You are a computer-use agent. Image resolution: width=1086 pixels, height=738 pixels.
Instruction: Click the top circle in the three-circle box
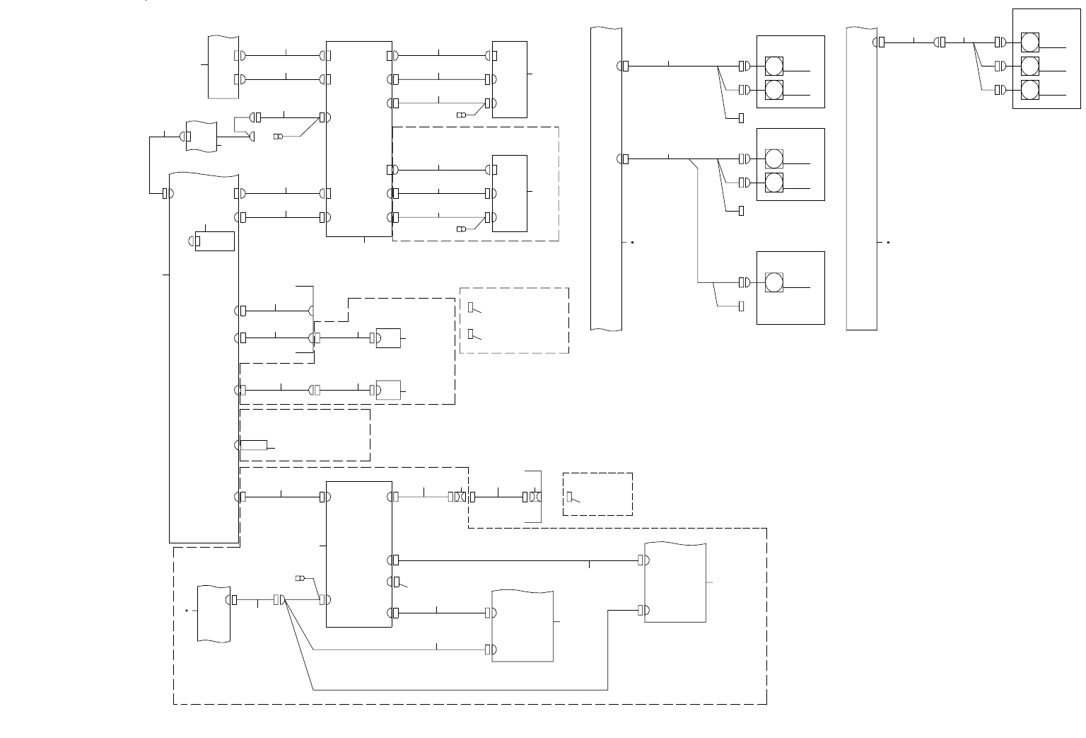[1030, 42]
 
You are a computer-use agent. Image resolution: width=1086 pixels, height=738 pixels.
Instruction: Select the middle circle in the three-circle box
[1030, 66]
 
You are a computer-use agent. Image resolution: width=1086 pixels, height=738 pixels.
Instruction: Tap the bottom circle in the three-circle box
[1030, 90]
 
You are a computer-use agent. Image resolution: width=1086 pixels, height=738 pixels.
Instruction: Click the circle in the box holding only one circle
[774, 282]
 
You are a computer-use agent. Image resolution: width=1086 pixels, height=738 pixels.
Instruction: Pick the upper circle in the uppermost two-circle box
[774, 67]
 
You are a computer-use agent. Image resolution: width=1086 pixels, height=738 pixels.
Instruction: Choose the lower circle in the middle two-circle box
[774, 183]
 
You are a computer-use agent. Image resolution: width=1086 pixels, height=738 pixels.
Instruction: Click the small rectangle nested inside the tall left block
[216, 241]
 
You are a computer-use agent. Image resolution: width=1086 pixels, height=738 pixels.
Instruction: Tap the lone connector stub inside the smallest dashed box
[570, 497]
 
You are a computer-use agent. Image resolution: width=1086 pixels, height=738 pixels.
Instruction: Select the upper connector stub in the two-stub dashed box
[471, 307]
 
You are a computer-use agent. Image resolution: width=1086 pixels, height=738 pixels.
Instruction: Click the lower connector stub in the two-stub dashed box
[471, 334]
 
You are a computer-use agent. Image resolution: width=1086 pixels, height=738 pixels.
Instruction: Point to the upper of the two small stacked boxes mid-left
[388, 338]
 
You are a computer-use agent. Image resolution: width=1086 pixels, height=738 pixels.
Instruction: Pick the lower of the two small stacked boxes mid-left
[388, 390]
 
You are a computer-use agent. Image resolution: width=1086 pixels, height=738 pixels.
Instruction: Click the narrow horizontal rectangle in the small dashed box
[254, 445]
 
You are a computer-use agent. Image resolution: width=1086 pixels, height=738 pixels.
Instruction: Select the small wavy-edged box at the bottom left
[214, 614]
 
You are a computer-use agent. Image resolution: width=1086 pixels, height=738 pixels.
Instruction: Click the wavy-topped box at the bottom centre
[522, 625]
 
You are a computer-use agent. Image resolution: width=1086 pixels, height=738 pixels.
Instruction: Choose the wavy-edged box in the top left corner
[223, 67]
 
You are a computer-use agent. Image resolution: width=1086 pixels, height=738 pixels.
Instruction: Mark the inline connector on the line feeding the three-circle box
[942, 42]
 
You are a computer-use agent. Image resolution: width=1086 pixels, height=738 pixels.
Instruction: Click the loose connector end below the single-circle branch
[741, 306]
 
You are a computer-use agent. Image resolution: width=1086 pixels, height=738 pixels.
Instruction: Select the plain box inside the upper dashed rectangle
[510, 193]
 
